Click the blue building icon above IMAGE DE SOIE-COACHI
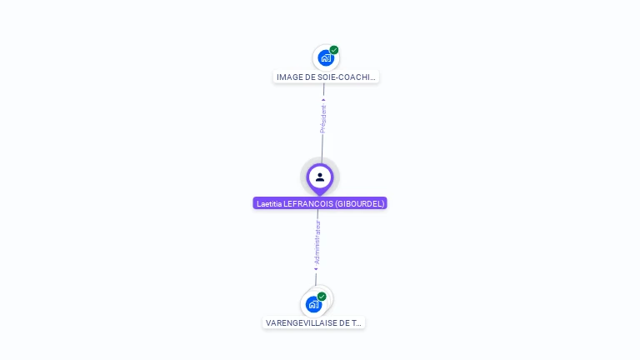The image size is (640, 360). (326, 57)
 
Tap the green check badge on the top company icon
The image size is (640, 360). (334, 50)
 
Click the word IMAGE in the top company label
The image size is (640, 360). (288, 77)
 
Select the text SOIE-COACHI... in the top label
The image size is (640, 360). (345, 77)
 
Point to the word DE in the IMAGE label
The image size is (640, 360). (307, 77)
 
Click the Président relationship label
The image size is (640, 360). (323, 119)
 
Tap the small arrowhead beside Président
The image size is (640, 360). (324, 101)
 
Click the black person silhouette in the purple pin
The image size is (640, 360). (320, 177)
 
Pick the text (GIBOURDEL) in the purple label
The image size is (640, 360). (361, 203)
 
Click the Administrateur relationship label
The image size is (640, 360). (317, 242)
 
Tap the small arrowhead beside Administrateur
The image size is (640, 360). (316, 269)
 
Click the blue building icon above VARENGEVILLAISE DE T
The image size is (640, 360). (313, 304)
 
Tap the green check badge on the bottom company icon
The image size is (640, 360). (322, 297)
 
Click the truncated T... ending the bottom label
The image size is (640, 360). (357, 323)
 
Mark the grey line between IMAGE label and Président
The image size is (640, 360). (324, 91)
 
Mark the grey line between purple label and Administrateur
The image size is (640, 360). (317, 215)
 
